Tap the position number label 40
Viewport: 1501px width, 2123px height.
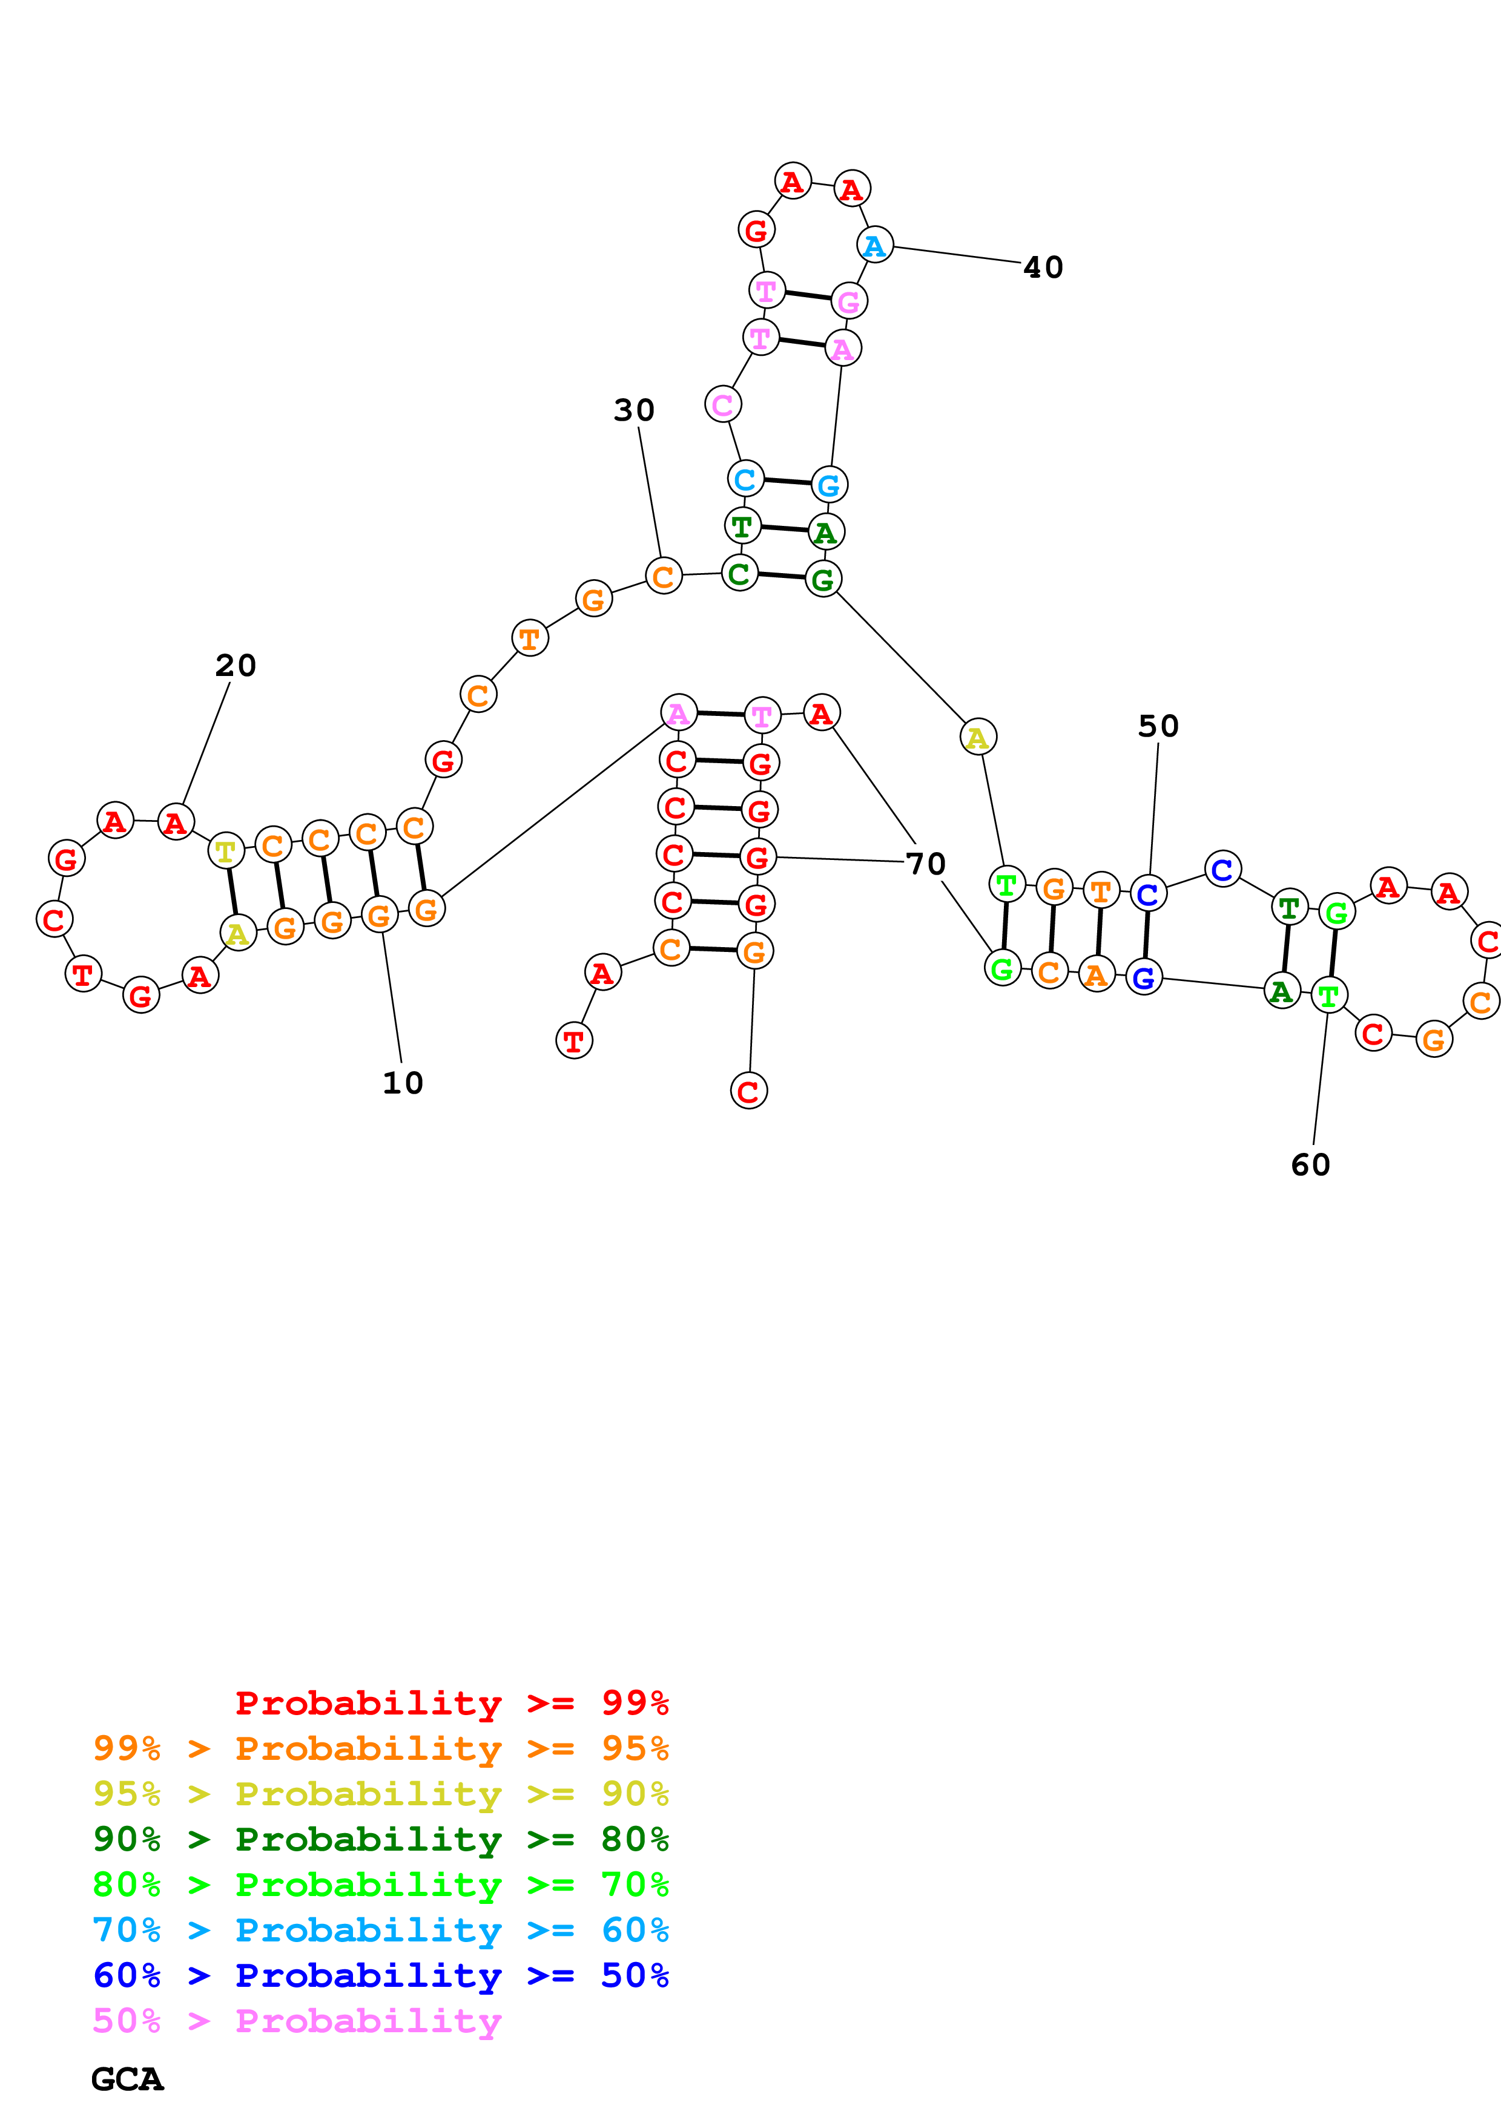(x=1043, y=267)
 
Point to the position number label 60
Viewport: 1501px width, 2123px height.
(x=1310, y=1165)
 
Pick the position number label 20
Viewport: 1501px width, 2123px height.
(x=235, y=665)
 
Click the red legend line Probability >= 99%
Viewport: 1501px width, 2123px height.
(x=451, y=1702)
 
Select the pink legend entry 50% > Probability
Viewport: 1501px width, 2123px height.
(x=297, y=2020)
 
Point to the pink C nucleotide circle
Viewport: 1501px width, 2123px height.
(x=722, y=404)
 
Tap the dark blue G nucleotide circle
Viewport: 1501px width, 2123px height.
(x=1144, y=977)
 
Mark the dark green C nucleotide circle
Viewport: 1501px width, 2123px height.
(x=739, y=573)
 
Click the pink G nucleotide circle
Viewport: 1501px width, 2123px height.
(x=849, y=301)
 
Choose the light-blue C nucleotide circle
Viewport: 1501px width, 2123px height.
(x=745, y=479)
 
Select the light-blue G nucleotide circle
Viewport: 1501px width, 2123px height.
(x=829, y=485)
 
